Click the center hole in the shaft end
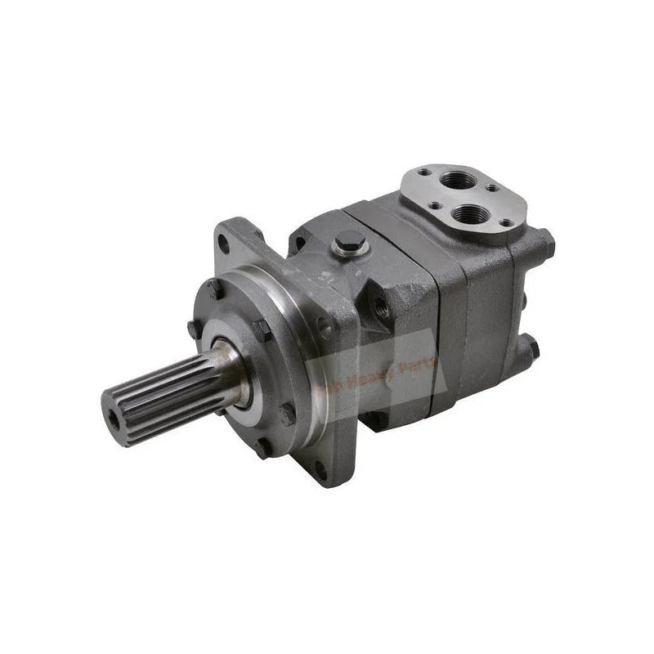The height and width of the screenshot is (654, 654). (113, 416)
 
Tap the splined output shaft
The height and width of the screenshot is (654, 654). (163, 392)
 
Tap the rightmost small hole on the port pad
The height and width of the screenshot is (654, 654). (507, 222)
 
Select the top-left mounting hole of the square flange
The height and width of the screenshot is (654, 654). (223, 242)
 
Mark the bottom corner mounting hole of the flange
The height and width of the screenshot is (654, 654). (321, 470)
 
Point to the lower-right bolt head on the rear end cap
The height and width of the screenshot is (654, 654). (532, 349)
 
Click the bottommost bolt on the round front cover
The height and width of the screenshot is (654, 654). (260, 448)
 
